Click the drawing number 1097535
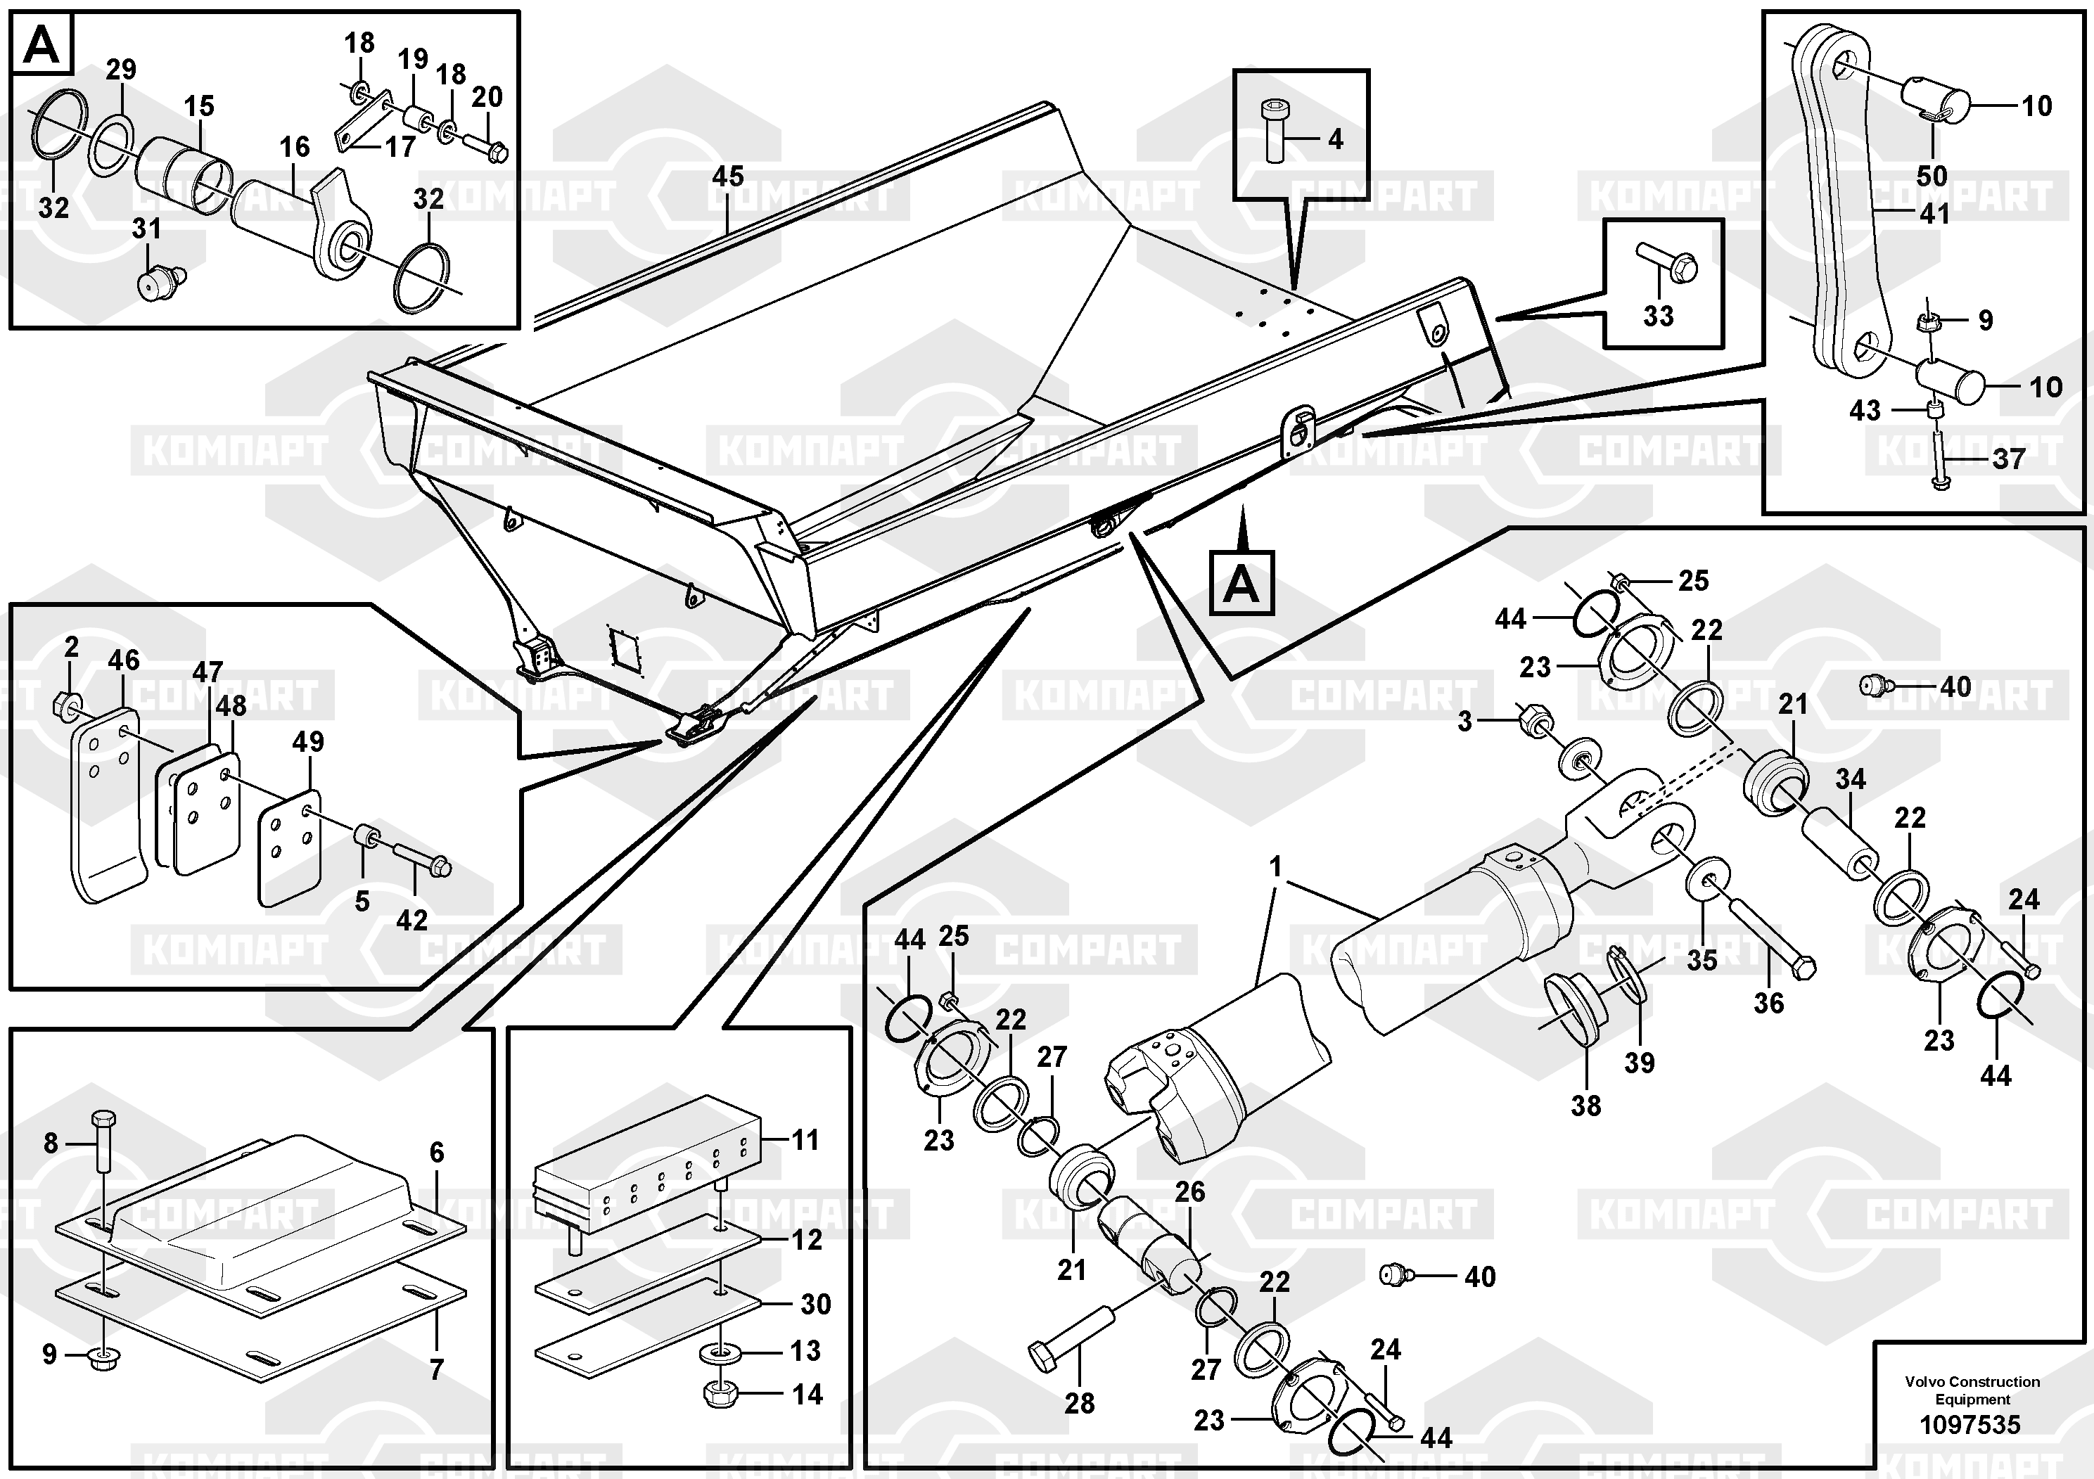click(x=1970, y=1424)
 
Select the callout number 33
click(x=1658, y=316)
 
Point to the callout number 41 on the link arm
click(x=1934, y=215)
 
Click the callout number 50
click(x=1931, y=176)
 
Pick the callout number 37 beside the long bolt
click(x=2008, y=459)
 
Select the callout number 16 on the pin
click(x=295, y=147)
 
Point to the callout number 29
click(x=120, y=70)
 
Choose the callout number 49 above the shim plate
click(x=307, y=741)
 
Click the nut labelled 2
click(x=64, y=704)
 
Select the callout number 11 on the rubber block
click(x=805, y=1140)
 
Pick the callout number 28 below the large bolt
click(x=1079, y=1403)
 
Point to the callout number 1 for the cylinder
click(x=1275, y=866)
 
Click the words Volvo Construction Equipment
click(x=1972, y=1390)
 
